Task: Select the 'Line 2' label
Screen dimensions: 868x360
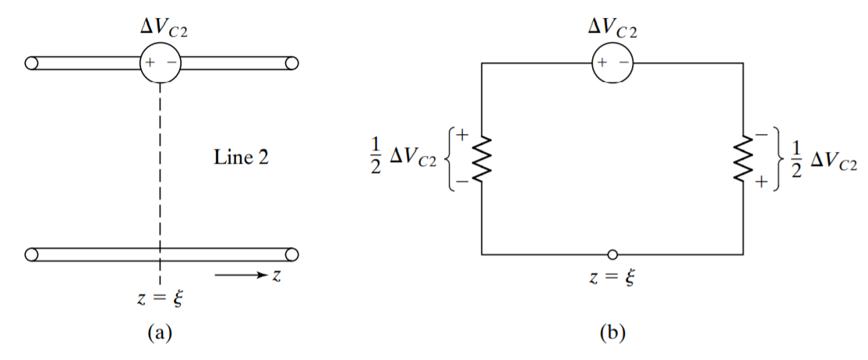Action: click(x=242, y=158)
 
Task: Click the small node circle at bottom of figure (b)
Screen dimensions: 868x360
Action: click(x=612, y=255)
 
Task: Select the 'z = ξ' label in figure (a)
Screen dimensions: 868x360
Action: click(x=160, y=299)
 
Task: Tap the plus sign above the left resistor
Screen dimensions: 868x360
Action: click(x=462, y=134)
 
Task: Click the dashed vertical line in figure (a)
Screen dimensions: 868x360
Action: click(x=160, y=184)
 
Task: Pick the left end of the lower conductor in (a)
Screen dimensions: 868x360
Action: click(x=31, y=255)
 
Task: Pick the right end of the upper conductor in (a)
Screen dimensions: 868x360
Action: click(x=291, y=62)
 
